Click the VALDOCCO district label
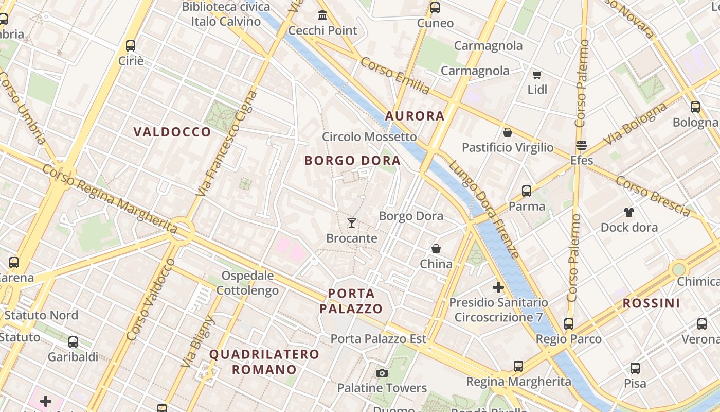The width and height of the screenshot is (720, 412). (172, 132)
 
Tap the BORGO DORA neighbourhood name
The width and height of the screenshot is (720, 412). (352, 161)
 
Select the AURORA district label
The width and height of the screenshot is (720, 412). (415, 116)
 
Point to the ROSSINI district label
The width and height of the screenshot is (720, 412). (651, 303)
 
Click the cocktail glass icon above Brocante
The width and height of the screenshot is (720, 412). (352, 223)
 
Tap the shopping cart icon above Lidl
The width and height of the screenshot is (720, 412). (537, 75)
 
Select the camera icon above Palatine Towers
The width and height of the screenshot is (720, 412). (382, 373)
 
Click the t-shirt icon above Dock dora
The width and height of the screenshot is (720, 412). (628, 212)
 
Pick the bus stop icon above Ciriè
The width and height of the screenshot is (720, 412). (131, 45)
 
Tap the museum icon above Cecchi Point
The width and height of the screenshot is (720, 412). (322, 15)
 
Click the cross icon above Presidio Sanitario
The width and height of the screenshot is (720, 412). (498, 287)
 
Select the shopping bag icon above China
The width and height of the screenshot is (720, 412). (436, 249)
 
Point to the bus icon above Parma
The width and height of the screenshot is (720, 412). (527, 191)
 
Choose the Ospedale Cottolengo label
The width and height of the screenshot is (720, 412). (247, 283)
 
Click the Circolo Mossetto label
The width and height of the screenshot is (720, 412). (369, 136)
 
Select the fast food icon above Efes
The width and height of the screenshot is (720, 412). (582, 146)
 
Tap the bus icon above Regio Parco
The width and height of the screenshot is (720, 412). (568, 324)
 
